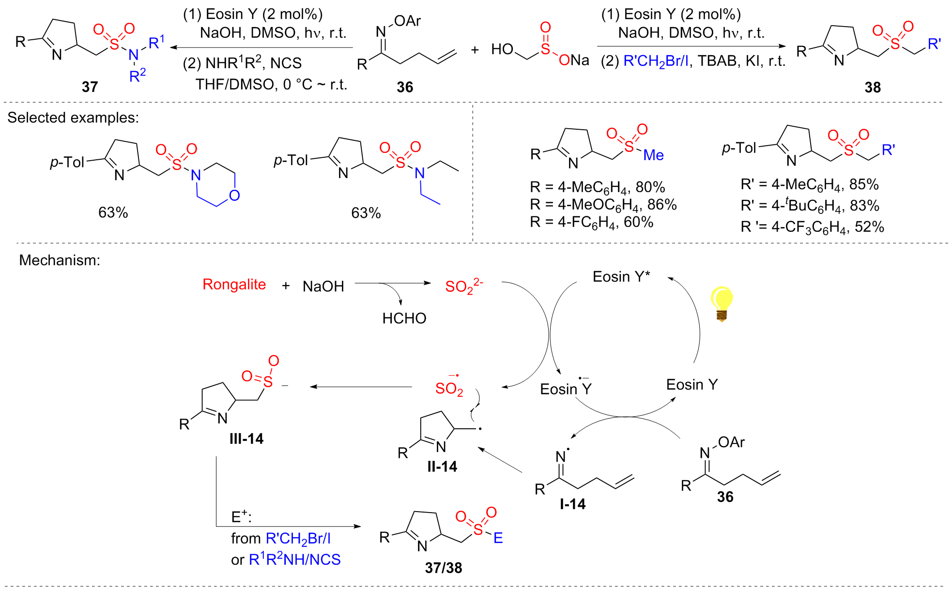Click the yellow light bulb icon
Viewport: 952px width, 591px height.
coord(721,303)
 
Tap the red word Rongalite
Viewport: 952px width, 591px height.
coord(234,284)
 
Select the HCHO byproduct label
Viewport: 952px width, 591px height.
coord(404,318)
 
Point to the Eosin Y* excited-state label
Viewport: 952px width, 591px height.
coord(621,276)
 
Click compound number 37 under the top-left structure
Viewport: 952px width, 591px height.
coord(90,87)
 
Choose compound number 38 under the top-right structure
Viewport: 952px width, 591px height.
coord(872,87)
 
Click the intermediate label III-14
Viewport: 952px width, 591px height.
coord(246,439)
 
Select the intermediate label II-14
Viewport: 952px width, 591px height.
coord(442,466)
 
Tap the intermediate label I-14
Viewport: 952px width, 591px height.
coord(572,504)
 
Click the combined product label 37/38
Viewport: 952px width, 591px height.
coord(443,567)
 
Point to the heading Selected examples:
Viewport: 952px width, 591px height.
coord(73,118)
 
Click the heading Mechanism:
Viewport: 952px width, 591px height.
coord(60,260)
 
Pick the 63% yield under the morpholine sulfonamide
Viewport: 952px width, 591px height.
coord(113,212)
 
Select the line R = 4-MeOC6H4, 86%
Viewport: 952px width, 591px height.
coord(603,205)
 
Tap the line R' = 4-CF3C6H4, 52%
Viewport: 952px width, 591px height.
coord(812,227)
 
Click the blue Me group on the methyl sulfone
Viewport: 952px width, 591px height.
coord(653,155)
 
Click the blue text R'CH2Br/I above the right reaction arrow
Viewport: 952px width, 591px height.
coord(656,61)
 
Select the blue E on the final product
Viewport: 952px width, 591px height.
coord(498,538)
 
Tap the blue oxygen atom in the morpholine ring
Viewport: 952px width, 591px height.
coord(234,196)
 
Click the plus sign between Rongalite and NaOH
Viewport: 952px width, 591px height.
coord(286,286)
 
